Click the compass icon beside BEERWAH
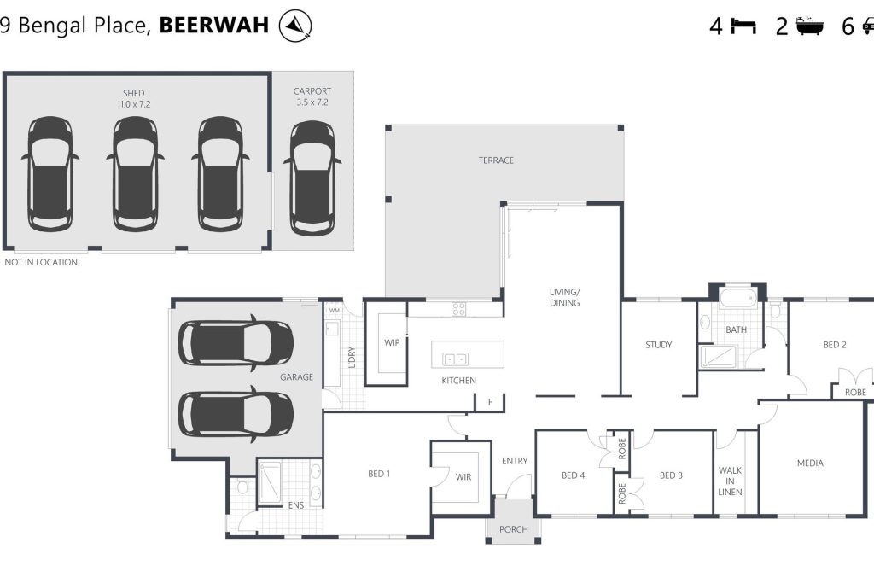click(294, 26)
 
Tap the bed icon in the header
click(743, 26)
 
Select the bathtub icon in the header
click(810, 26)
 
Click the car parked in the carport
click(312, 178)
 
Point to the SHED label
click(134, 93)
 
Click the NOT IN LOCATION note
click(41, 262)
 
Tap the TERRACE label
click(496, 160)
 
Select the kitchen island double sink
click(456, 359)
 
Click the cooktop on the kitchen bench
click(458, 309)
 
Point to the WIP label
click(392, 343)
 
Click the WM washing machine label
click(335, 311)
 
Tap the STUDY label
click(659, 345)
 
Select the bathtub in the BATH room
click(737, 298)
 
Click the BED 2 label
click(835, 345)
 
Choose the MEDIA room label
click(811, 463)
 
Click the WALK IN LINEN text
click(731, 481)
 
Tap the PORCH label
click(513, 529)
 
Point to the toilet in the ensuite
click(242, 486)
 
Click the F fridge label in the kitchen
click(491, 402)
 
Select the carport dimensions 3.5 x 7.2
click(312, 102)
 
